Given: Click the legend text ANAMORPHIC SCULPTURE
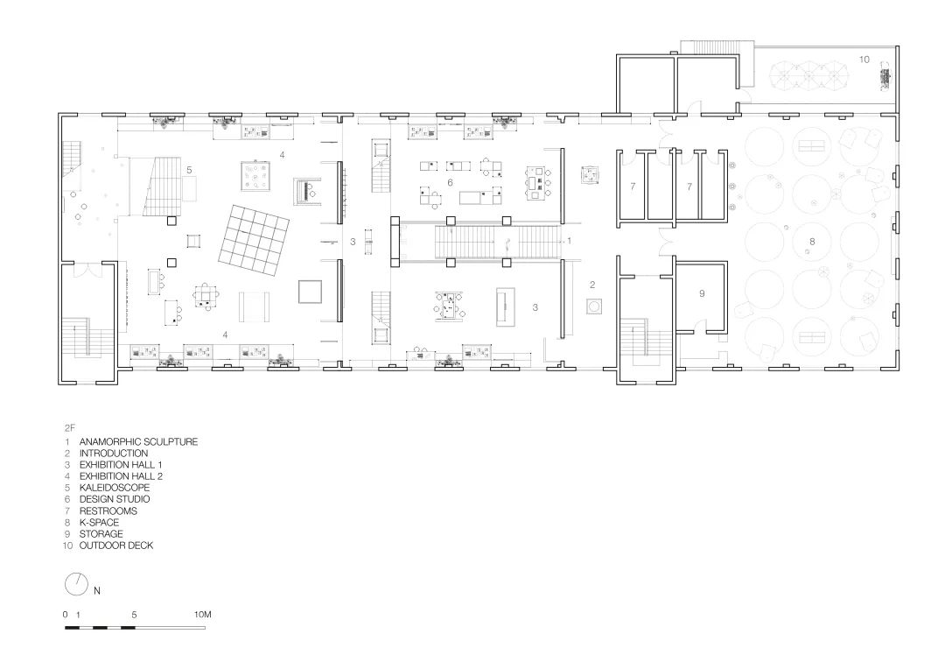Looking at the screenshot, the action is point(138,441).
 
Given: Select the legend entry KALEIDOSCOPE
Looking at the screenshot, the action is point(115,488).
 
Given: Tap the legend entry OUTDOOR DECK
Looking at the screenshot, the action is point(116,546).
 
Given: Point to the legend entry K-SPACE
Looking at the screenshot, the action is point(100,523).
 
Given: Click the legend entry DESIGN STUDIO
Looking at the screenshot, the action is point(115,499).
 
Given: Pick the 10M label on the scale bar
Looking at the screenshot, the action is point(202,615).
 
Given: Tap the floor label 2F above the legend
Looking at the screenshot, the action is point(70,428).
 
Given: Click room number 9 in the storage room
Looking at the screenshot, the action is point(702,293).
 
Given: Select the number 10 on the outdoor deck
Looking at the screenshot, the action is point(864,60).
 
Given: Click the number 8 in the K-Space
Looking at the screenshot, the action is point(812,242).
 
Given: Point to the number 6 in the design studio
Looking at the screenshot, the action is point(450,183).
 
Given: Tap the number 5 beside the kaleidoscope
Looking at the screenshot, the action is point(189,170).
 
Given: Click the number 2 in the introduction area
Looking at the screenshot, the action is point(592,285).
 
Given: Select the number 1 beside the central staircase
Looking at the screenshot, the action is point(569,242).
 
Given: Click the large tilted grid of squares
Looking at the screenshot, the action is point(255,237).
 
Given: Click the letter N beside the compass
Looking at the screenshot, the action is point(97,591).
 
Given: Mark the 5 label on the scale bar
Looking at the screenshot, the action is point(134,615).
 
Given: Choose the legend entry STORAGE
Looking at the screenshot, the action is point(101,534).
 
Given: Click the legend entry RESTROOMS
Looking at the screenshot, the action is point(108,511).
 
